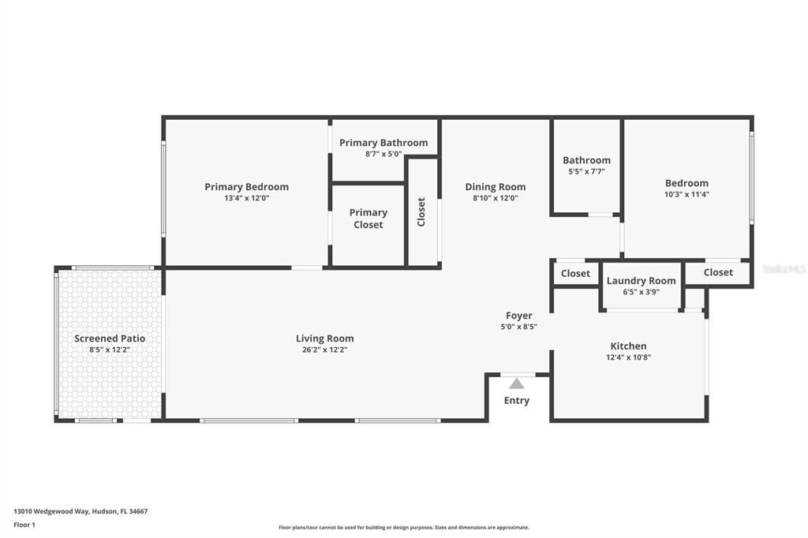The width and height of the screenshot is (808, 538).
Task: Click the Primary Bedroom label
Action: tap(246, 186)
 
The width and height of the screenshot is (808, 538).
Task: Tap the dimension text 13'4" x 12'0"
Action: tap(247, 198)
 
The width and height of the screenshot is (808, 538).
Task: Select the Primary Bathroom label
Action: tap(383, 143)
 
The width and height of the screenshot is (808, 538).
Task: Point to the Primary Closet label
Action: tap(368, 219)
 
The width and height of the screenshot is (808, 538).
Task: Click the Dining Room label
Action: tap(496, 186)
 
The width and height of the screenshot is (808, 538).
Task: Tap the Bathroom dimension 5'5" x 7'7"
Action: tap(586, 172)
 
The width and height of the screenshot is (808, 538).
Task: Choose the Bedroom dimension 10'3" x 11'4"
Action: tap(686, 194)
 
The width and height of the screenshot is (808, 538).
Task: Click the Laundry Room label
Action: tap(641, 280)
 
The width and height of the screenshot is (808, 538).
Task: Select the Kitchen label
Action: tap(628, 346)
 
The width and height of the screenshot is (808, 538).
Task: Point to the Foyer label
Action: tap(519, 316)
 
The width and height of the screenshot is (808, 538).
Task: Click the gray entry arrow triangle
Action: tap(516, 384)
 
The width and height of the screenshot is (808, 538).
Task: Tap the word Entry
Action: tap(516, 401)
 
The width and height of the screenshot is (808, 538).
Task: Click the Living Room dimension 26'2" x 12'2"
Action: tap(324, 350)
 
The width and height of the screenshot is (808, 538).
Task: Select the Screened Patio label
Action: tap(110, 338)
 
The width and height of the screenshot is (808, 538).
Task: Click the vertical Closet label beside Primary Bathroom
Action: tap(421, 211)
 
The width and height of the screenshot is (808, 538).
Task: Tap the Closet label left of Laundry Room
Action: tap(575, 273)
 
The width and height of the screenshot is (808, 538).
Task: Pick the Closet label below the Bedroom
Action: tap(718, 272)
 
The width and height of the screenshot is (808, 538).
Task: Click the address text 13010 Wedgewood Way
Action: tap(51, 511)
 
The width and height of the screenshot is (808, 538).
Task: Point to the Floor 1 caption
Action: tap(24, 525)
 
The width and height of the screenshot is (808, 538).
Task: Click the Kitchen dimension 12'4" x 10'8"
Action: tap(629, 357)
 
